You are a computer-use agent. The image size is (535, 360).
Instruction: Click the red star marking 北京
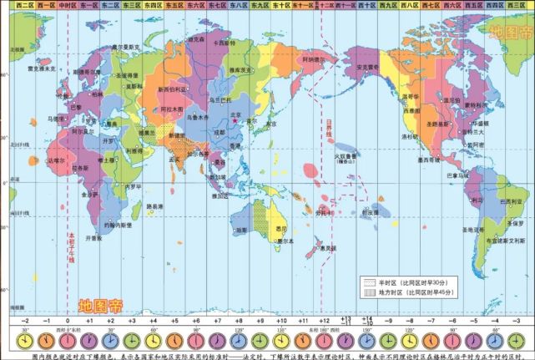[x=237, y=120]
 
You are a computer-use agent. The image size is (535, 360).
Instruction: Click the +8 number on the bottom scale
[x=237, y=320]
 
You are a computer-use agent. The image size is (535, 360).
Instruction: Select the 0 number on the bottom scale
[x=68, y=320]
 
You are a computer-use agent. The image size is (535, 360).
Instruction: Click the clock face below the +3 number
[x=131, y=338]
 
